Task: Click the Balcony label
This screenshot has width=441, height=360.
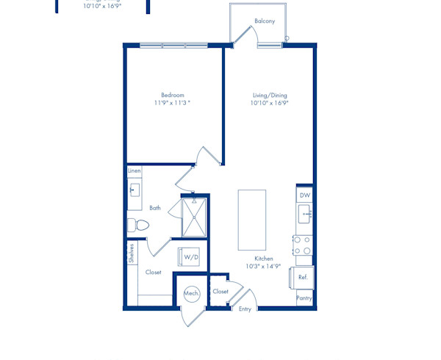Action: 265,21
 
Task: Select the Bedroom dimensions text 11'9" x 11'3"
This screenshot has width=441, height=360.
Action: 172,103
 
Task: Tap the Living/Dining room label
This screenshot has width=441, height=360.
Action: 270,96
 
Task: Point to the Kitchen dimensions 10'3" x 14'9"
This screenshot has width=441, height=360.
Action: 263,266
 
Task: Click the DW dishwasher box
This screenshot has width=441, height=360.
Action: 304,195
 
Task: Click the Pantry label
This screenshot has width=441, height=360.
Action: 304,298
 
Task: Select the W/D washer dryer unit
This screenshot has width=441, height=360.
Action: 189,256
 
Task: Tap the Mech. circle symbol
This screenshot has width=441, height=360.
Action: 192,294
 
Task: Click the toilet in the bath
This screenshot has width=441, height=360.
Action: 138,225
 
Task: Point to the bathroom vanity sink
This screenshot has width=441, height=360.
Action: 135,190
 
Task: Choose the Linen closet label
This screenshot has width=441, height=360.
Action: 135,171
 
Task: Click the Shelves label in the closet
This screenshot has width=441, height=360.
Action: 132,253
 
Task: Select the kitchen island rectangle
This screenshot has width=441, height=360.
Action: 252,220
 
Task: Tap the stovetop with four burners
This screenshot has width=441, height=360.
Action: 303,245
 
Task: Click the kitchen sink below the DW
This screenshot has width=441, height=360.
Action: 304,214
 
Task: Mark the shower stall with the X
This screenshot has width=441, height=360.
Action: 194,217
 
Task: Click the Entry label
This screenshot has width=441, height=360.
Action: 245,309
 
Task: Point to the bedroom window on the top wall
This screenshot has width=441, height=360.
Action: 173,46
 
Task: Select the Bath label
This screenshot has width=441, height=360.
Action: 155,208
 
